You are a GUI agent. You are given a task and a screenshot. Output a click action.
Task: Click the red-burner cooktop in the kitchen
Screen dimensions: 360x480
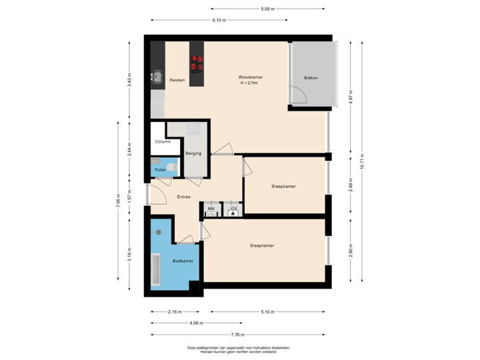(x=197, y=63)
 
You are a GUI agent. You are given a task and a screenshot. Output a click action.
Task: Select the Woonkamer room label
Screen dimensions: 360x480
(x=251, y=77)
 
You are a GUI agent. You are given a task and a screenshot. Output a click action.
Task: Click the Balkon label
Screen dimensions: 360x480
(x=311, y=78)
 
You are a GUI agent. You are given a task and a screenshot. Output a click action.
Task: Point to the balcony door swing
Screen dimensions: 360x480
(x=297, y=97)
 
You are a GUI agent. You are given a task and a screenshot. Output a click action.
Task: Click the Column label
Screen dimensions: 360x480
(x=162, y=141)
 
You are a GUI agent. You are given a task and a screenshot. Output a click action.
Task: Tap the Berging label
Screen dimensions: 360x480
(x=193, y=153)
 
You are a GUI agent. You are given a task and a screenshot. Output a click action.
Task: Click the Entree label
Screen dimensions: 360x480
(x=184, y=197)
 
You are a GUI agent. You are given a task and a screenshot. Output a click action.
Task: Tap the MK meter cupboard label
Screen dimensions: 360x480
(x=211, y=209)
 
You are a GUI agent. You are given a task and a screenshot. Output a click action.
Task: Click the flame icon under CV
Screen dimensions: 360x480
(x=233, y=215)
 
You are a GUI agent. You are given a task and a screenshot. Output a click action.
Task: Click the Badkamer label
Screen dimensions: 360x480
(x=183, y=261)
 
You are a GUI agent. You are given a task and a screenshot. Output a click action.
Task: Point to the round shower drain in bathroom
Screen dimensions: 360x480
(x=159, y=232)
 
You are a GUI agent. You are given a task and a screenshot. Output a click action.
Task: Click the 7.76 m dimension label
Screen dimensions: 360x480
(x=238, y=334)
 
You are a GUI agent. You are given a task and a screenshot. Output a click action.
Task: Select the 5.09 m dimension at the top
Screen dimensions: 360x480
(x=268, y=9)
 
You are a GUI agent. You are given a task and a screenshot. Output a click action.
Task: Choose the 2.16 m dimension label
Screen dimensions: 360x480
(x=175, y=311)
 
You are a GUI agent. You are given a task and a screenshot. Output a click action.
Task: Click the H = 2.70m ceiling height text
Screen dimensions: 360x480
(x=251, y=83)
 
